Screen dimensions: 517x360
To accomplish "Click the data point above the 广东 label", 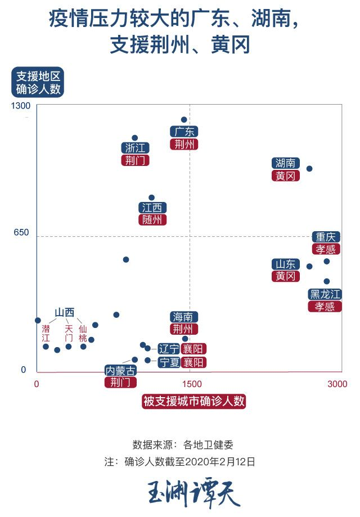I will click(184, 120).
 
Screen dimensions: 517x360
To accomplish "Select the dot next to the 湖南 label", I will click(309, 169).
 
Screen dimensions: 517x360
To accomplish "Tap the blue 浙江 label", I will click(135, 148).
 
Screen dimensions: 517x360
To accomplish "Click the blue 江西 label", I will click(152, 208).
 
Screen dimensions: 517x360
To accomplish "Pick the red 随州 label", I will click(152, 219).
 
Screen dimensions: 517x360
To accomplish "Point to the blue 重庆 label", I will click(326, 237).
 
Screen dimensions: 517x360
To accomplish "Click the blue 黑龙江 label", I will click(325, 294).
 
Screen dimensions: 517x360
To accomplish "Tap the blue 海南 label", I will click(184, 317).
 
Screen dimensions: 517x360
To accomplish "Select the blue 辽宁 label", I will click(168, 349).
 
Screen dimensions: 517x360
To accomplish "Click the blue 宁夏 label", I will click(168, 362).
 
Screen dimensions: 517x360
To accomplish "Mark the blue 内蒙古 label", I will click(120, 371).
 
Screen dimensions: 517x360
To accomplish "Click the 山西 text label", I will click(65, 313).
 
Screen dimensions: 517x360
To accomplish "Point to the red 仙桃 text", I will click(83, 334).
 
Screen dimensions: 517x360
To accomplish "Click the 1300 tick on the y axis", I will click(21, 106).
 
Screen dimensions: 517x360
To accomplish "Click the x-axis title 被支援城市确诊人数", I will click(194, 401).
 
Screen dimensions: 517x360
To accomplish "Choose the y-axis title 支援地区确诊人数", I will click(38, 83).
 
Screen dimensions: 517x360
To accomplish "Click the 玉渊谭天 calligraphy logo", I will click(193, 493).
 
